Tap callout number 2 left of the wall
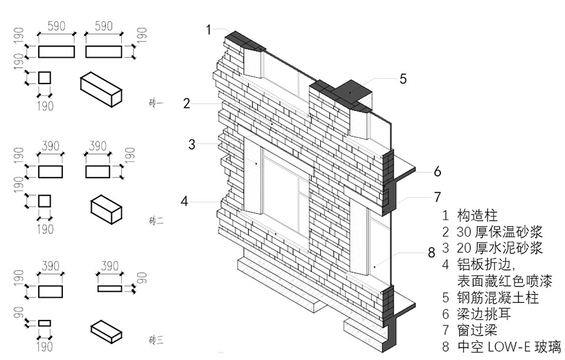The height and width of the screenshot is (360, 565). click(x=187, y=104)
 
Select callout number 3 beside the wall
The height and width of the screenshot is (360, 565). click(x=192, y=144)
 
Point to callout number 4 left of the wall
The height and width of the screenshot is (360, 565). click(x=185, y=201)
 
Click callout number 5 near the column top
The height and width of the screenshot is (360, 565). click(x=403, y=79)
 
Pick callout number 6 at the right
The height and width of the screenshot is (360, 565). click(x=437, y=172)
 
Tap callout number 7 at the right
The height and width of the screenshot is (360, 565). click(x=437, y=196)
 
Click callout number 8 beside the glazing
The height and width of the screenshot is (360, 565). click(x=431, y=253)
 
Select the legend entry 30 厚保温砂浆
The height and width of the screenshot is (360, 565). click(x=500, y=231)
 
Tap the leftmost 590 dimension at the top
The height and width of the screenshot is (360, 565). click(x=56, y=26)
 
